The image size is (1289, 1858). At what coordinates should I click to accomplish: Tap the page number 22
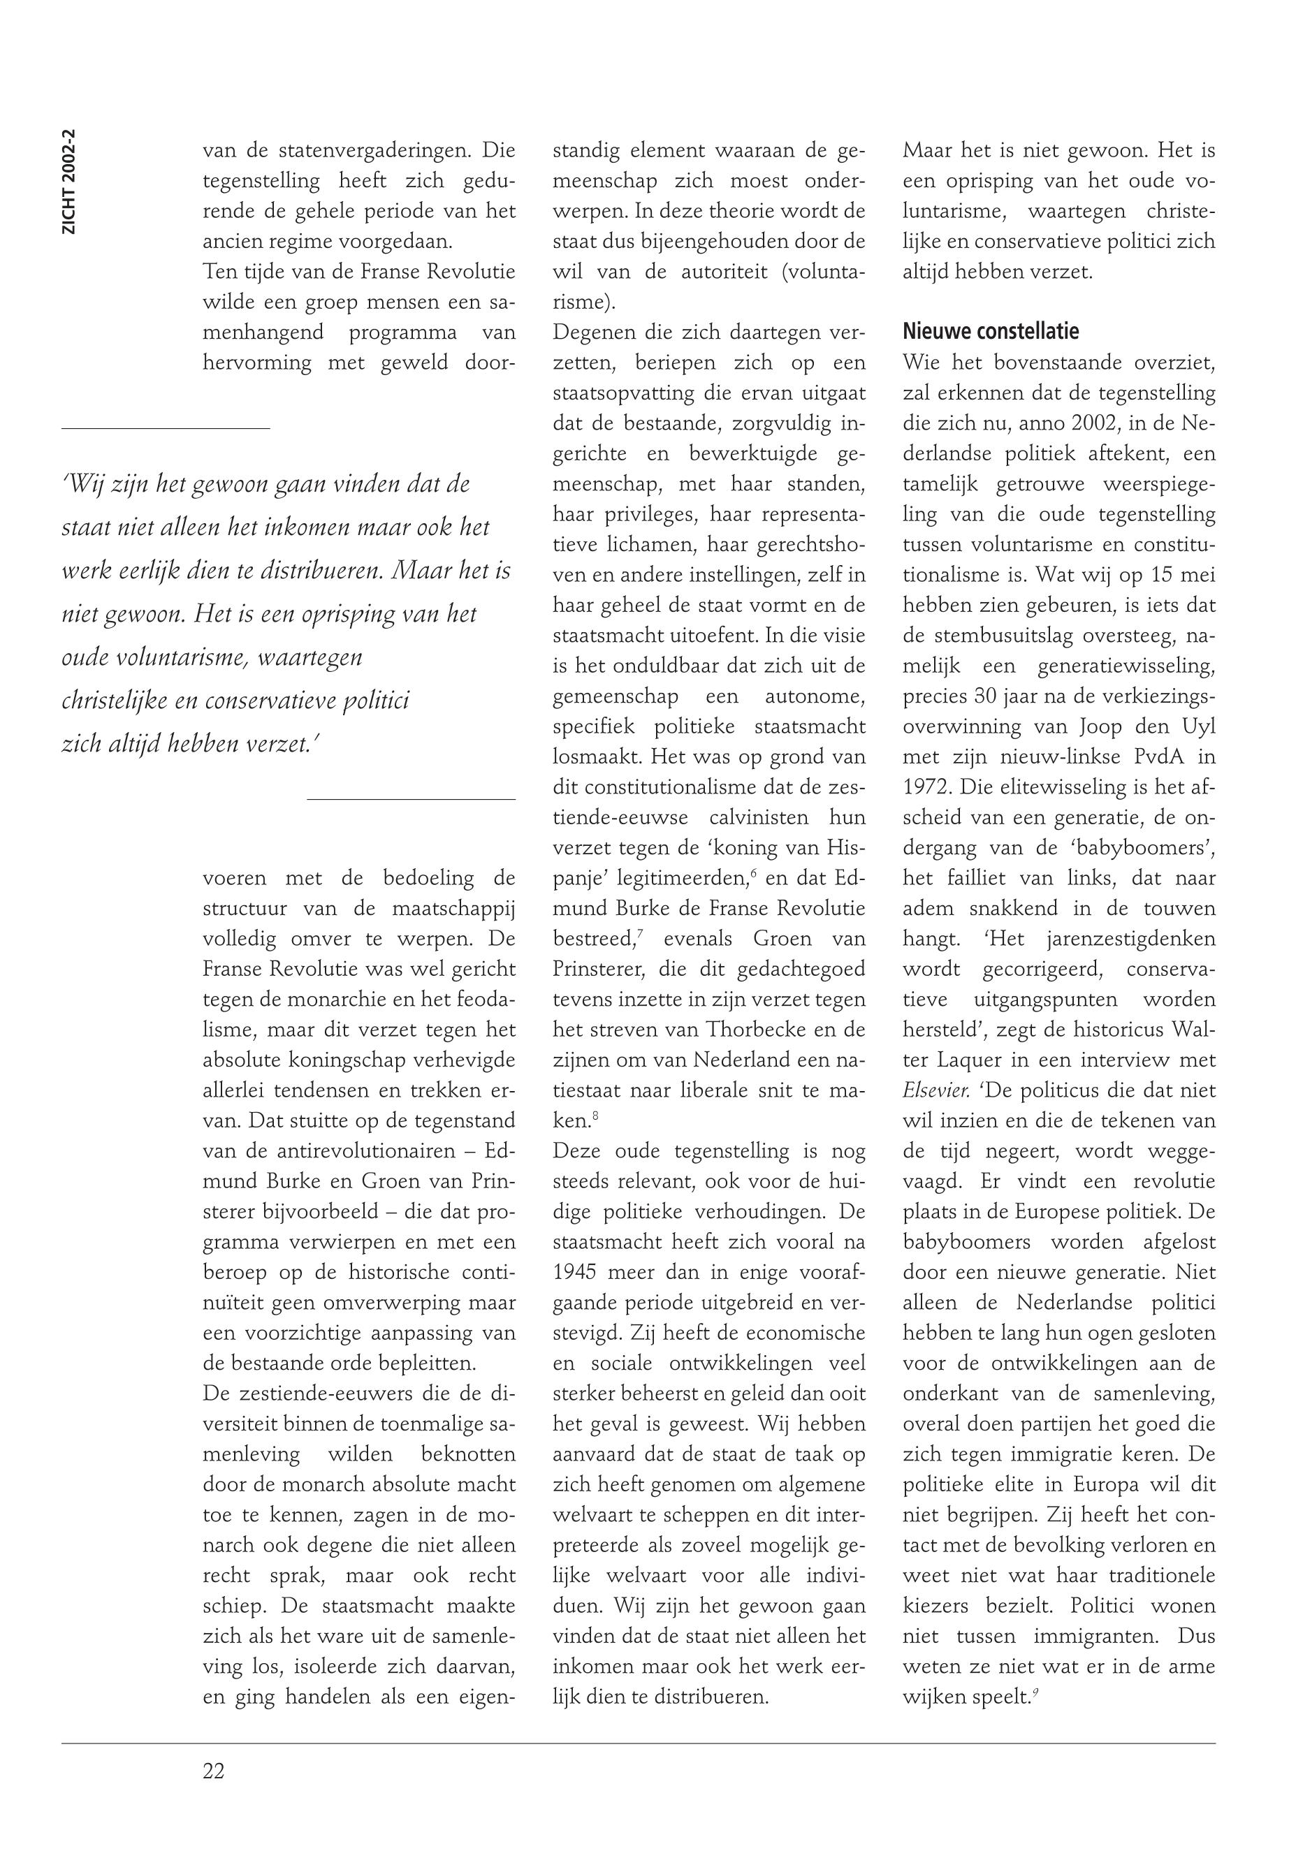point(214,1771)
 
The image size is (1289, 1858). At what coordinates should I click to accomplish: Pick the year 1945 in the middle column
point(574,1273)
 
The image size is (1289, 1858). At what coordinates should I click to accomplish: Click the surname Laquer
point(938,1060)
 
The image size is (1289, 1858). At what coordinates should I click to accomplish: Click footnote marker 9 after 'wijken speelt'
point(1036,1692)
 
